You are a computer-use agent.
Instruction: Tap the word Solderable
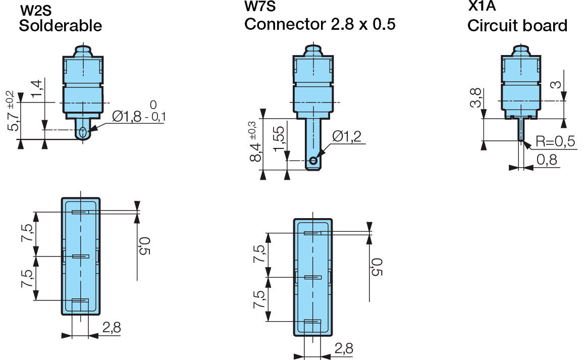pyautogui.click(x=60, y=26)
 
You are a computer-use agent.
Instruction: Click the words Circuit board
pyautogui.click(x=517, y=26)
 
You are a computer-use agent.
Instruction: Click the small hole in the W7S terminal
pyautogui.click(x=313, y=161)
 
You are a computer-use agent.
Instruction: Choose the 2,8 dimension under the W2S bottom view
pyautogui.click(x=111, y=327)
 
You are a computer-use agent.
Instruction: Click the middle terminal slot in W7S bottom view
pyautogui.click(x=313, y=277)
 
